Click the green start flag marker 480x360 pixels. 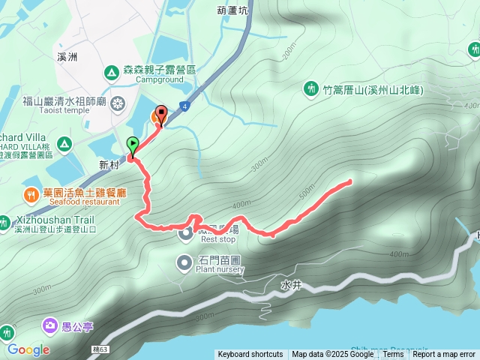tap(133, 145)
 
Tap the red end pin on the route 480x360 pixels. tap(160, 116)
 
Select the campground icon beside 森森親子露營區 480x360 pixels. tap(111, 72)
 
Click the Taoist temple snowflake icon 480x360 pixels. tap(118, 102)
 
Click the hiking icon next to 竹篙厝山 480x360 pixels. tap(311, 90)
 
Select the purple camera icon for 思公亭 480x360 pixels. tap(49, 325)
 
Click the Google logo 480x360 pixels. tap(28, 349)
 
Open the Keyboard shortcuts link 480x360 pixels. tap(250, 355)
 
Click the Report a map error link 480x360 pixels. tap(444, 355)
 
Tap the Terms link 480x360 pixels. tap(393, 355)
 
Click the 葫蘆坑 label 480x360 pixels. tap(231, 10)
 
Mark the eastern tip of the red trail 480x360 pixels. tap(350, 181)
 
